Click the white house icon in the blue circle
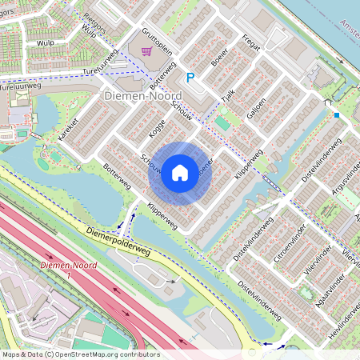click(x=180, y=173)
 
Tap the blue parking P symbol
click(x=190, y=78)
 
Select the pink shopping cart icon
click(x=146, y=52)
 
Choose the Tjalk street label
click(x=228, y=95)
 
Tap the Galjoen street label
click(x=257, y=108)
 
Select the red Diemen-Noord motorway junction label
click(x=67, y=270)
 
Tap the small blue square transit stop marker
click(x=337, y=115)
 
